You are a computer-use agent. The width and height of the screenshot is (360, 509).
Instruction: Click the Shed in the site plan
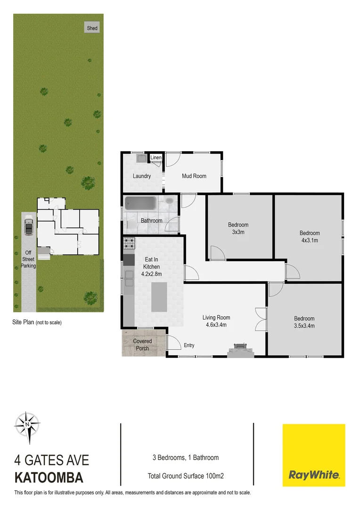(92, 28)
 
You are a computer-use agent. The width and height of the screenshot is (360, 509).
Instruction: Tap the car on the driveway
(28, 227)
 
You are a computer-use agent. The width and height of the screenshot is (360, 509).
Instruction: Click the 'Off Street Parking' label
(28, 259)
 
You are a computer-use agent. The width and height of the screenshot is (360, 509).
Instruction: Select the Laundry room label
(142, 176)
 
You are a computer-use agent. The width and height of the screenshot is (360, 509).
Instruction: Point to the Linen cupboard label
(156, 157)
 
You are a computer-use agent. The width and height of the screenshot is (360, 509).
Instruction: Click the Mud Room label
(194, 176)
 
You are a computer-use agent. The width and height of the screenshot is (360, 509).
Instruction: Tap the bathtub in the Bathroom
(140, 204)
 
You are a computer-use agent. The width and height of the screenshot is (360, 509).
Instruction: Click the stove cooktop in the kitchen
(129, 244)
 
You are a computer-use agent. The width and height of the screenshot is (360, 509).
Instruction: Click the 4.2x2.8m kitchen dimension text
(152, 273)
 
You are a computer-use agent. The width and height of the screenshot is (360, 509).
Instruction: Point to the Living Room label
(216, 318)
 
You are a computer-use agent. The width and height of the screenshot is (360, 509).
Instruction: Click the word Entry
(189, 345)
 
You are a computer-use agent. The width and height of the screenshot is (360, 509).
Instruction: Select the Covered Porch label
(142, 345)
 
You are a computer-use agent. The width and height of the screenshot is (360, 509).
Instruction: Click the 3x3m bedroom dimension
(238, 232)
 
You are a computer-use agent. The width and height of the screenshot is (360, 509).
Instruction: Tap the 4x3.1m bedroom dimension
(310, 240)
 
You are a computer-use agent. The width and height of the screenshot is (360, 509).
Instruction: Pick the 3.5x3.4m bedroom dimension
(304, 326)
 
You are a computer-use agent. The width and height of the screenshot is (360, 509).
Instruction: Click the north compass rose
(27, 424)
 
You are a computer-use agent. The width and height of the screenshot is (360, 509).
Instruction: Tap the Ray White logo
(313, 455)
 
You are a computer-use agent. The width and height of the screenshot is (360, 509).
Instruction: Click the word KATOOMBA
(49, 478)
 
